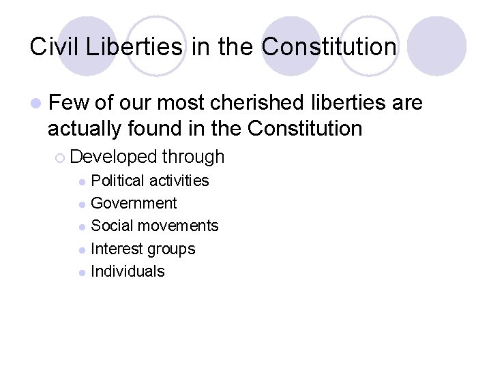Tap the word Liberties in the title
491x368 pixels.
click(134, 47)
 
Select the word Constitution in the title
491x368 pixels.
click(329, 47)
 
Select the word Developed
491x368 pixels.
click(113, 157)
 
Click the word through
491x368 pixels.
click(193, 157)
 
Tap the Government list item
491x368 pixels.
click(134, 203)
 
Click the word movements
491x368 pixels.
click(178, 226)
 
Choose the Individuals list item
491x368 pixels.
click(128, 271)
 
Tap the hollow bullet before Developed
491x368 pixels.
click(61, 157)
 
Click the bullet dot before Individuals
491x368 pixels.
click(82, 273)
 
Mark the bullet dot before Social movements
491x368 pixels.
click(82, 227)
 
